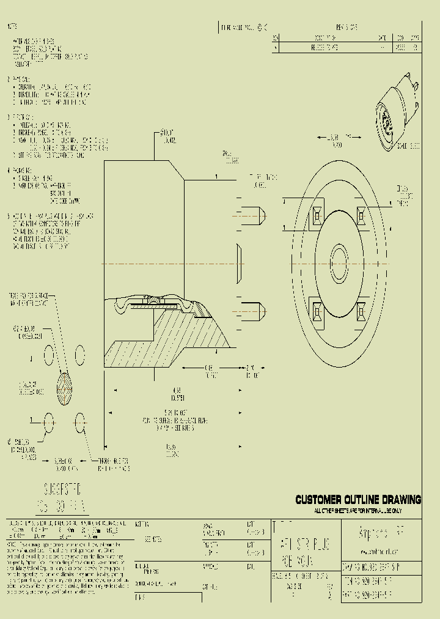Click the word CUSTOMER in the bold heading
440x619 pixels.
[319, 500]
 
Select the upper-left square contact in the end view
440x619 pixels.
[317, 215]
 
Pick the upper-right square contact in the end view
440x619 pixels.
[360, 215]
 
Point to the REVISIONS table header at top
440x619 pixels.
[346, 28]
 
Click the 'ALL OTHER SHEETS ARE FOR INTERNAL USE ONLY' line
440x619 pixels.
[358, 510]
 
